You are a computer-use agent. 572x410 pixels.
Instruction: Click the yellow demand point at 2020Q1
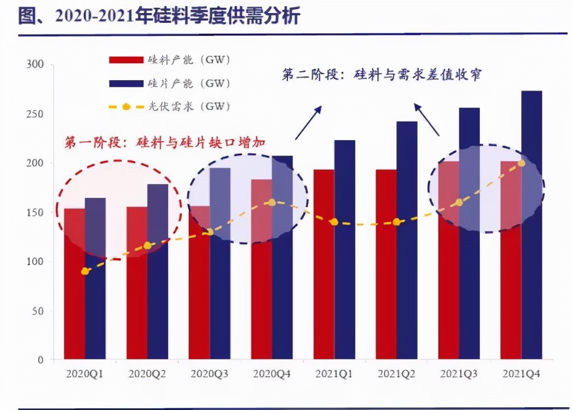pos(85,271)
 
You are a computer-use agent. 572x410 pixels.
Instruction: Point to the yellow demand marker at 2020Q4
pos(272,202)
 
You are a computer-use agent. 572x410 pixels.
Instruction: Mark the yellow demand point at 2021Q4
pos(521,163)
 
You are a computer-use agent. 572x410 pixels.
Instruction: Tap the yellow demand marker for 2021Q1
pos(334,222)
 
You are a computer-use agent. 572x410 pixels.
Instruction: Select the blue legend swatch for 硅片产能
pos(125,83)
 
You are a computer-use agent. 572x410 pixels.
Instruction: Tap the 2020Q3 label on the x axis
pos(210,375)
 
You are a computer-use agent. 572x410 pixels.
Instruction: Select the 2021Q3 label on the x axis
pos(459,375)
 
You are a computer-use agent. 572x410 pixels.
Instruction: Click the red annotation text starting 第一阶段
pos(164,143)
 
